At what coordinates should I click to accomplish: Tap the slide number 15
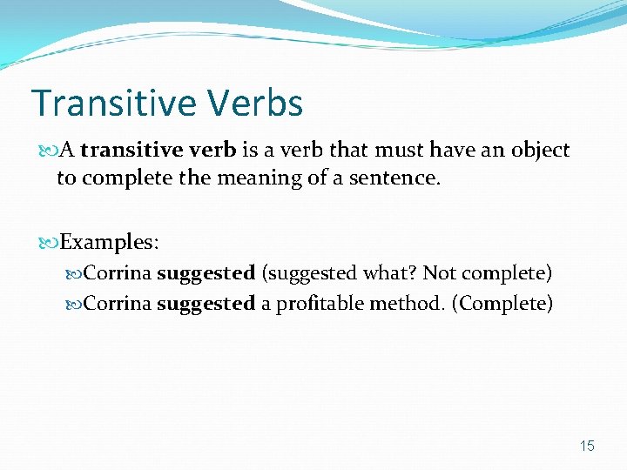[x=587, y=446]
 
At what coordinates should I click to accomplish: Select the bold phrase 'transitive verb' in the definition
[x=158, y=150]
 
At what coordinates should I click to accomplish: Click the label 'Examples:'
[x=109, y=240]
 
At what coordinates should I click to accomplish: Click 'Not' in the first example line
[x=440, y=273]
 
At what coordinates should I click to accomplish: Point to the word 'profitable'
[x=320, y=304]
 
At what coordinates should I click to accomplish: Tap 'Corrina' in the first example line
[x=119, y=273]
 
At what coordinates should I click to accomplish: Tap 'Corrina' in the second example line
[x=119, y=304]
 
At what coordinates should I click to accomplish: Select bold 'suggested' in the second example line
[x=206, y=304]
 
